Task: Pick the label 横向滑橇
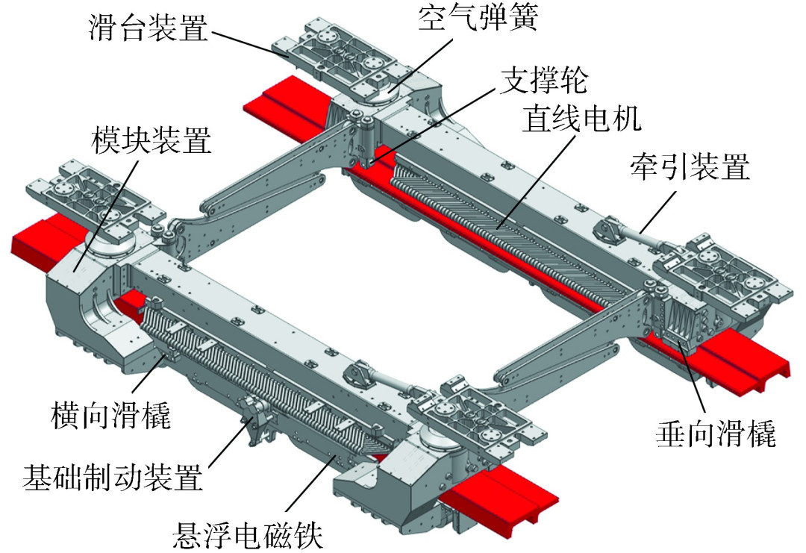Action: click(112, 415)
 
